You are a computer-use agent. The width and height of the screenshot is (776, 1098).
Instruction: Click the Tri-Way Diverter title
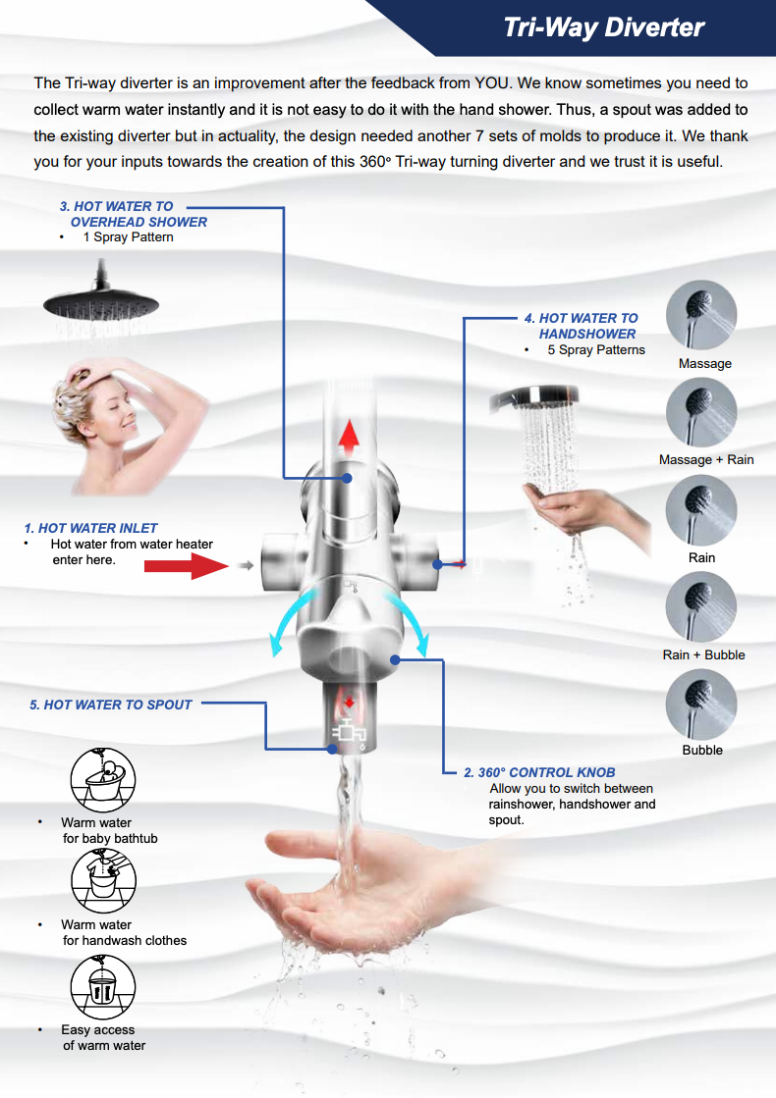pos(603,27)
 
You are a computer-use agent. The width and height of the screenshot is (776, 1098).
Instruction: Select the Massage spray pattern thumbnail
pos(701,316)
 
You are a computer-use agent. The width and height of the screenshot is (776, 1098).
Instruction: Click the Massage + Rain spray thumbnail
pos(701,413)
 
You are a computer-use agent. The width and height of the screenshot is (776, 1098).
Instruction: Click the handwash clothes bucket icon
pos(103,880)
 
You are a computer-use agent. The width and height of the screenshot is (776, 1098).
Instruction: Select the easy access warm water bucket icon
pos(103,985)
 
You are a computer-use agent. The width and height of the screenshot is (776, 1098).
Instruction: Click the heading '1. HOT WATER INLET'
pos(90,528)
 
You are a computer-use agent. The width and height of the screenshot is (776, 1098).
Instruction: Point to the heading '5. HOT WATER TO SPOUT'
pos(111,705)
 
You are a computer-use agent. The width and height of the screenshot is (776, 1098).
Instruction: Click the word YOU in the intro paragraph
pos(488,83)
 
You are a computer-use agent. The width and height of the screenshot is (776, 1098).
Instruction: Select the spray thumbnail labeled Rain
pos(701,510)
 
